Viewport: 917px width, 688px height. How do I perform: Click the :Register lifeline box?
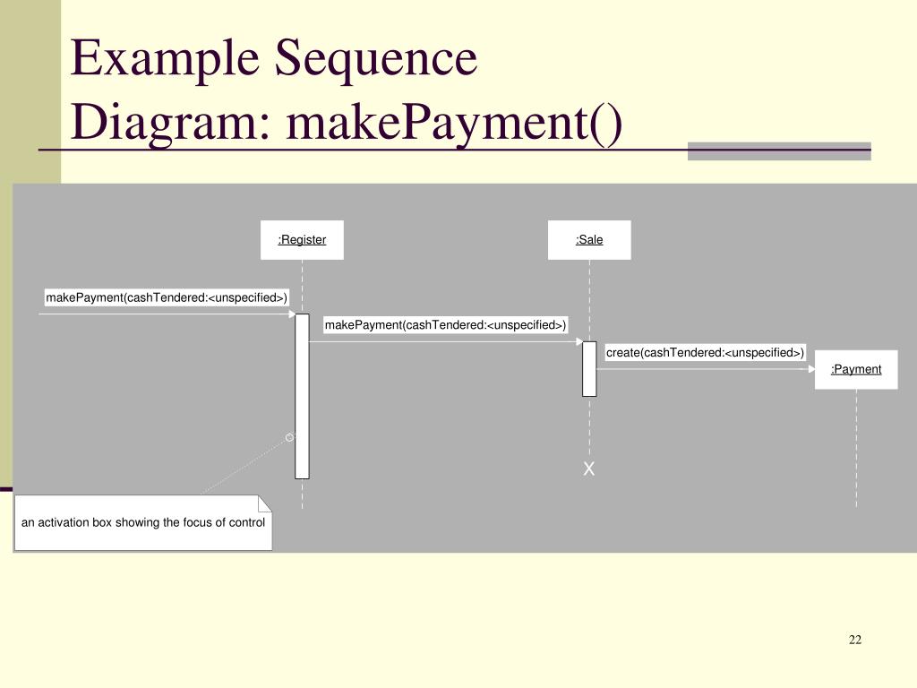[x=302, y=240]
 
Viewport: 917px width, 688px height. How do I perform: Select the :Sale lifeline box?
[x=589, y=240]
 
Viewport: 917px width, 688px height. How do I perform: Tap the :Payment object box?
[x=856, y=369]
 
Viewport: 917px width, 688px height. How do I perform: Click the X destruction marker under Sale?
[x=589, y=469]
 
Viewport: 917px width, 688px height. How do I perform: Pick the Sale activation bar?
[x=589, y=368]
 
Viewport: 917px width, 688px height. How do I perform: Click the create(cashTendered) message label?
[x=705, y=352]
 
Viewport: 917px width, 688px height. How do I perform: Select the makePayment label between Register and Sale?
[x=446, y=324]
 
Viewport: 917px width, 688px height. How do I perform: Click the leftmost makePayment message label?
[x=167, y=297]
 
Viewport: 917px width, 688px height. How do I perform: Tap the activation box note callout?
[x=143, y=522]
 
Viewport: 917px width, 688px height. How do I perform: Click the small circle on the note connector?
[x=289, y=437]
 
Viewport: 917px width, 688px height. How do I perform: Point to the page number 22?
[x=854, y=640]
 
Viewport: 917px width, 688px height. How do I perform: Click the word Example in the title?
[x=166, y=59]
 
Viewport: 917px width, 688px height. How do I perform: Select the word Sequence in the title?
[x=376, y=59]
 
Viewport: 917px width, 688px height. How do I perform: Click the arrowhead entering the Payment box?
[x=811, y=369]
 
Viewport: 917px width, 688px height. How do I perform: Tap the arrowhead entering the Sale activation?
[x=579, y=341]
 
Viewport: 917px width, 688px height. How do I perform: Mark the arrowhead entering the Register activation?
[x=292, y=314]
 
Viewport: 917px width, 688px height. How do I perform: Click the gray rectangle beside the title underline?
[x=779, y=150]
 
